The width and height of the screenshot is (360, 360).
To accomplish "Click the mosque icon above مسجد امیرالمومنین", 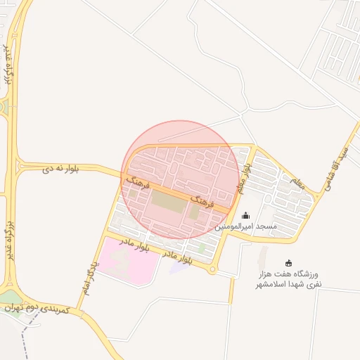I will pyautogui.click(x=245, y=216).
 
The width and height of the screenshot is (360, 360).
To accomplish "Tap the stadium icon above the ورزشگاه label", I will pyautogui.click(x=288, y=263).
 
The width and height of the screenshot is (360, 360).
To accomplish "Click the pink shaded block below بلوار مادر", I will pyautogui.click(x=127, y=260).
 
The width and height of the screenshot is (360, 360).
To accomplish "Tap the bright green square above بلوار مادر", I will pyautogui.click(x=202, y=247).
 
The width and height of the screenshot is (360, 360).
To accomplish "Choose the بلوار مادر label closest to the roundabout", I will pyautogui.click(x=177, y=257).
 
